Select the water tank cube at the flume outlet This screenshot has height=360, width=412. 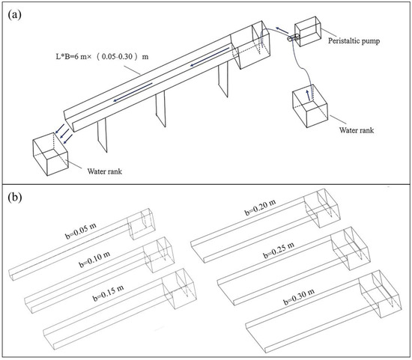[x=50, y=154]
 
